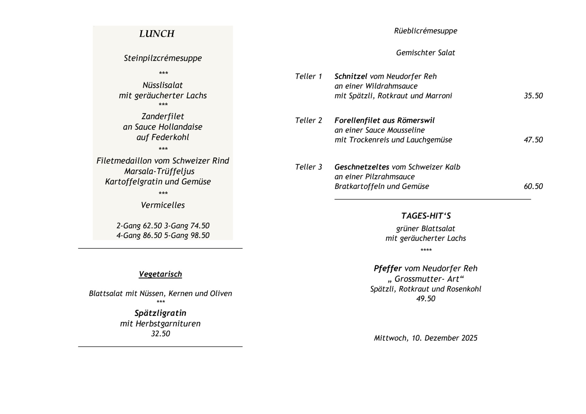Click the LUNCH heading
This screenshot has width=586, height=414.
(157, 34)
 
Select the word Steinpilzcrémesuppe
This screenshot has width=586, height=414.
(163, 58)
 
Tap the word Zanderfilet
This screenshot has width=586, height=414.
(163, 116)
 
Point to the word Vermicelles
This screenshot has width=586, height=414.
(163, 205)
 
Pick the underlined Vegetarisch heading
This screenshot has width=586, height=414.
(160, 274)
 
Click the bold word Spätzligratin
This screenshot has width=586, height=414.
(160, 313)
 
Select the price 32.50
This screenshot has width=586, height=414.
(160, 333)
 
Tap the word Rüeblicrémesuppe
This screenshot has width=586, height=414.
(425, 31)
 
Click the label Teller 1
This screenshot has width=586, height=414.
(308, 76)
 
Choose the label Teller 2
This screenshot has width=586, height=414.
(308, 120)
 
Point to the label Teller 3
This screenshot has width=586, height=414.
(308, 167)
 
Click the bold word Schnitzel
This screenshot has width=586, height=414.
(351, 76)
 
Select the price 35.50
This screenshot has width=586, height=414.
(533, 96)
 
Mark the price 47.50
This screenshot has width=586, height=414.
(533, 140)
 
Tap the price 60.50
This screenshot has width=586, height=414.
(533, 186)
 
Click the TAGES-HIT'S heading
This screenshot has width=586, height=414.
(426, 216)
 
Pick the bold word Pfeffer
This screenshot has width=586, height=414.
(388, 269)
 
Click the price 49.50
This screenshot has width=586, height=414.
(425, 298)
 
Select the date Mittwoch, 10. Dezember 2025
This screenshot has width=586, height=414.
(425, 338)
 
